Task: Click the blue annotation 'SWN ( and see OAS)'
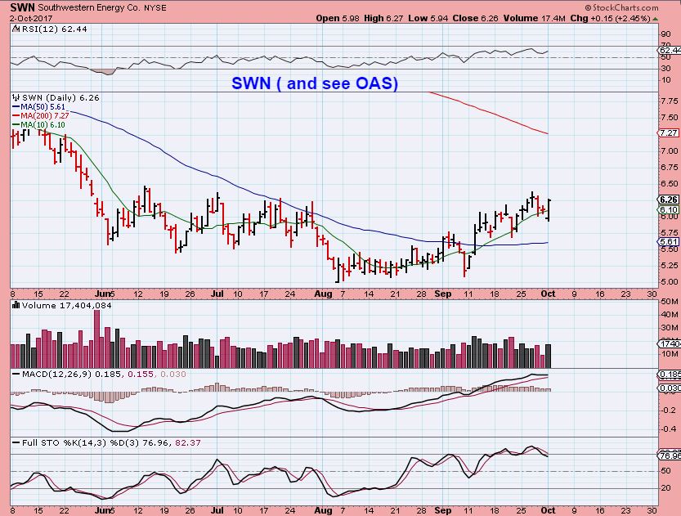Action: (x=315, y=83)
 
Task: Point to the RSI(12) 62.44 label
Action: (x=41, y=28)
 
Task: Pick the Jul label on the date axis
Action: (x=216, y=293)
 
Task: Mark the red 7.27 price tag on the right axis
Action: (x=668, y=132)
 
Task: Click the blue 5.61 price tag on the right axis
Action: (x=668, y=242)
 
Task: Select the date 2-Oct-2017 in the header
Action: (x=27, y=17)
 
